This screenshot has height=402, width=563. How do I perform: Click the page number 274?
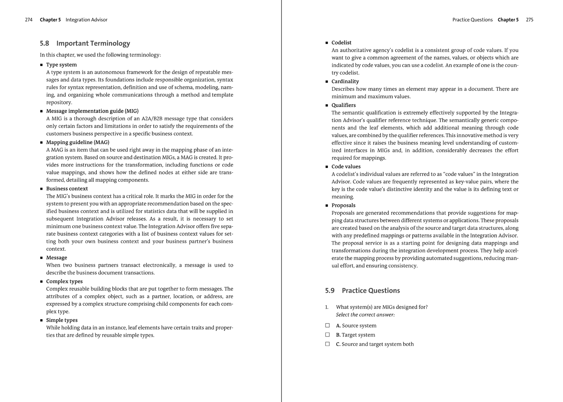coord(29,20)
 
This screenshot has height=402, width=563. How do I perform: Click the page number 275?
coord(530,20)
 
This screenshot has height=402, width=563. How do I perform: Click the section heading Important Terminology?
coord(93,43)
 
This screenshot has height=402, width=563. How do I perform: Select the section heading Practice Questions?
coord(371,290)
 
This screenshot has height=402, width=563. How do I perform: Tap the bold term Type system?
coord(61,65)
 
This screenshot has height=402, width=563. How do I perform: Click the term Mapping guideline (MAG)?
coord(77,142)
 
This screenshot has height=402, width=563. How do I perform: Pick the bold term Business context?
coord(67,189)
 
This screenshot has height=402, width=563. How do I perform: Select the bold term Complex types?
coord(64,281)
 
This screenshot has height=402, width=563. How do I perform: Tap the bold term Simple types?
coord(62,320)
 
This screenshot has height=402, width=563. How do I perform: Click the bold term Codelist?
coord(341,43)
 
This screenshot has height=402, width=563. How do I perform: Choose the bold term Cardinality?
coord(345,81)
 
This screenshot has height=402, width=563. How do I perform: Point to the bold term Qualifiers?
coord(343,105)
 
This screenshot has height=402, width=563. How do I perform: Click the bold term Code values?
coord(346,167)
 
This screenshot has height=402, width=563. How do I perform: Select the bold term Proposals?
coord(343,205)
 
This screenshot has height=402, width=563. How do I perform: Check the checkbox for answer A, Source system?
coord(328,326)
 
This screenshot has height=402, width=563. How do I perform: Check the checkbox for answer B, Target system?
coord(328,335)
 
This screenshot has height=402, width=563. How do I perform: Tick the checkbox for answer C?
coord(328,344)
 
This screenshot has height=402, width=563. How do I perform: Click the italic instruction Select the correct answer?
coord(365,315)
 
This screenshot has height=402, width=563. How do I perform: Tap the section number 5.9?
coord(330,290)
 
